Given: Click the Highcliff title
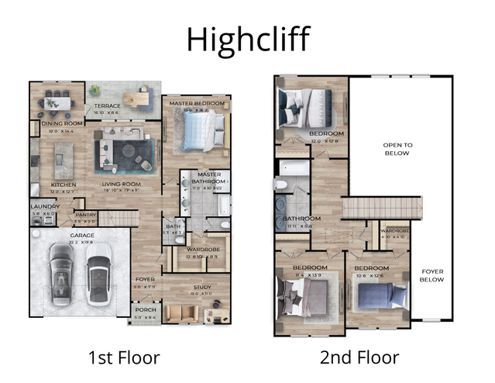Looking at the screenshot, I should pos(247,37).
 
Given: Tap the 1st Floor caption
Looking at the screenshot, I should pos(125,357).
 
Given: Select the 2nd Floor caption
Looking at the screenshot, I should pos(359,357).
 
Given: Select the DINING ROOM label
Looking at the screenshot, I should pos(57,123).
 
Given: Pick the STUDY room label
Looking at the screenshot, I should pos(201,287).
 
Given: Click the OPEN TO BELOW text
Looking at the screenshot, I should pos(397,149).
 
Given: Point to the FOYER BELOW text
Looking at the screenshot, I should pos(432,275).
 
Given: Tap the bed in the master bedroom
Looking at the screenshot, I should pos(203,129).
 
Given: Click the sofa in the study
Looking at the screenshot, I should pos(180,312).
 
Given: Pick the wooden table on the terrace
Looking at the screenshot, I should pos(139,98).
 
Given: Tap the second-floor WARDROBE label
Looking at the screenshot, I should pos(395,231).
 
